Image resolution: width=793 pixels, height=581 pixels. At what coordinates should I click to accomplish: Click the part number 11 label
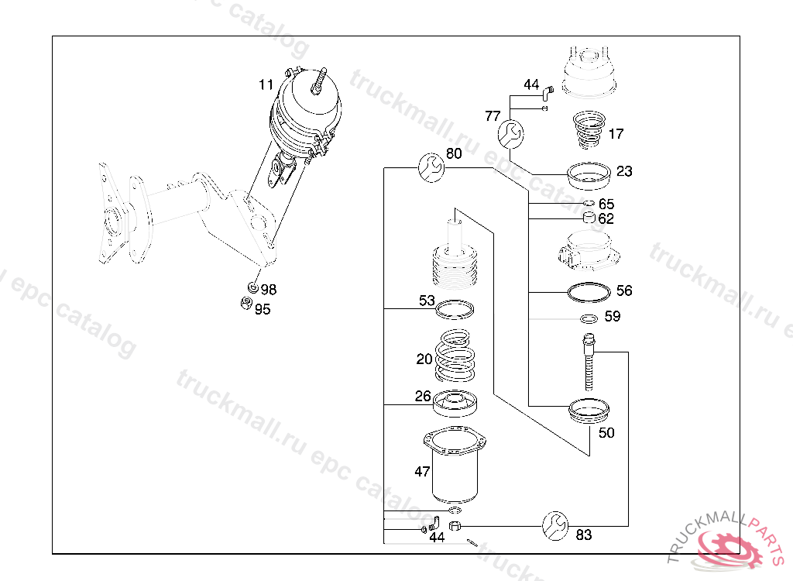tap(266, 84)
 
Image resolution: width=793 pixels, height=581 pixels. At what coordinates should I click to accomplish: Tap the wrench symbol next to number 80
tap(431, 167)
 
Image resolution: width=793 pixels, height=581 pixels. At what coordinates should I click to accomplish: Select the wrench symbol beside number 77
tap(511, 134)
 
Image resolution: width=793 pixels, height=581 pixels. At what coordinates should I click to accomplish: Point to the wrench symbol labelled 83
tap(555, 526)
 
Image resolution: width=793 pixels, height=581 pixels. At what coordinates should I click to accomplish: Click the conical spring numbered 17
tap(589, 130)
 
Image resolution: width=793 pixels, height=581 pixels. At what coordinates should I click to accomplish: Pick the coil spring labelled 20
tap(455, 356)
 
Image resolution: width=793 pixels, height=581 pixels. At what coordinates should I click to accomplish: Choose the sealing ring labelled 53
tap(455, 310)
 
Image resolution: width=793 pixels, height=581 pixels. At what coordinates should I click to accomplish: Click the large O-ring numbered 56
tap(589, 292)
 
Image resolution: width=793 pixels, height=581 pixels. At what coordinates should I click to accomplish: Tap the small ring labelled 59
tap(589, 319)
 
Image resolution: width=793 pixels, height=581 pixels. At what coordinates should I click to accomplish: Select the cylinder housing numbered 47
tap(455, 466)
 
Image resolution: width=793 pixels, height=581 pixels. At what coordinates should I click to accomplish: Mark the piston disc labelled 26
tap(455, 404)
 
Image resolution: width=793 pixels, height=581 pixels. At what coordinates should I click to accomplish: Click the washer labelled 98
tap(253, 288)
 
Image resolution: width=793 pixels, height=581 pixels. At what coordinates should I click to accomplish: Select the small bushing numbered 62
tap(589, 218)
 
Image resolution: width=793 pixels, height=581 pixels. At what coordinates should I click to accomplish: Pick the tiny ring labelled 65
tap(589, 204)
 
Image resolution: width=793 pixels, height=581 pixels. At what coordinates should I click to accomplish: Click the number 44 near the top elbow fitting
tap(531, 84)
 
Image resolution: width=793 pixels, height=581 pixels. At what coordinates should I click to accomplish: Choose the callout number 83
tap(584, 535)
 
